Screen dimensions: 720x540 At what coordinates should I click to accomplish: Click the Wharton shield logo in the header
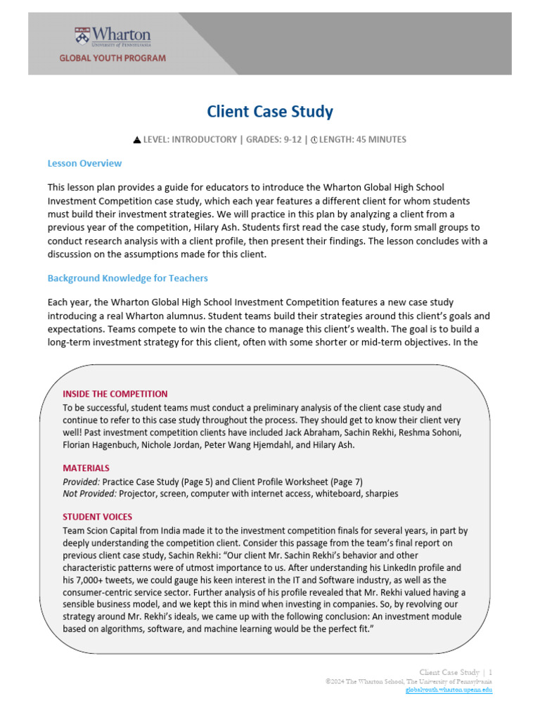(x=83, y=36)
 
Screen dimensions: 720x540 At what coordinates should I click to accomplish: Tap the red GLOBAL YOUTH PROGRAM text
(x=112, y=58)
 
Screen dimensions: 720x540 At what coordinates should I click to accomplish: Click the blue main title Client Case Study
(x=270, y=111)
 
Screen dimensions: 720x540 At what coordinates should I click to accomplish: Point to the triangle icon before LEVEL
(x=137, y=140)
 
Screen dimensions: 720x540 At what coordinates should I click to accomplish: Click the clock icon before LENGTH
(x=314, y=140)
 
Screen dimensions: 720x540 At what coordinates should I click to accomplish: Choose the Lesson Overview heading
(x=84, y=163)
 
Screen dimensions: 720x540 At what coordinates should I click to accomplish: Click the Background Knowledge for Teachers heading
(x=127, y=278)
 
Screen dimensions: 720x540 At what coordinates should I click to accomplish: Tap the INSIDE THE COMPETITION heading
(x=115, y=394)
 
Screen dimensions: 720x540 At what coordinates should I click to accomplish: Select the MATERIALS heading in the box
(x=86, y=468)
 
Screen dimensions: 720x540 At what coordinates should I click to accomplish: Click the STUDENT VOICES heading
(x=97, y=517)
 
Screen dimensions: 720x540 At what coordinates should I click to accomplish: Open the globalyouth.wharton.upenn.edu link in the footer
(x=449, y=690)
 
